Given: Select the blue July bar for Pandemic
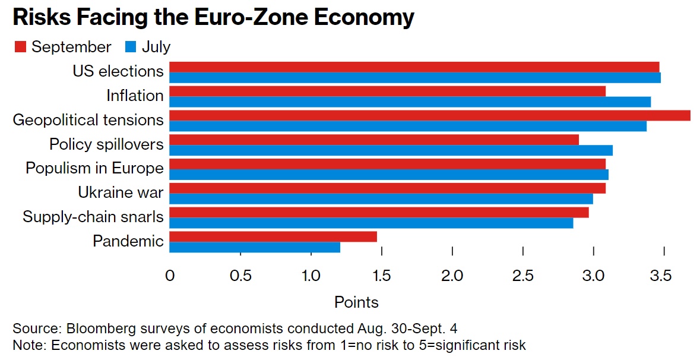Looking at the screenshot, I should (255, 247).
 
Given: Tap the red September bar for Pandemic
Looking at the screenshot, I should (273, 236).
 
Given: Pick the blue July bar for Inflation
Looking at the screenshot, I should (410, 102).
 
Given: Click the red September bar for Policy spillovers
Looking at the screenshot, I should (374, 140).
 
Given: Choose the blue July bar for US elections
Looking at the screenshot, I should (415, 78).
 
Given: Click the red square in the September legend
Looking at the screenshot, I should (21, 47).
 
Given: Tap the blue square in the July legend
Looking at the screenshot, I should (131, 47).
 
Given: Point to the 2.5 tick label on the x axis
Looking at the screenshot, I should (522, 276).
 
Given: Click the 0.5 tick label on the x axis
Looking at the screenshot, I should (240, 276).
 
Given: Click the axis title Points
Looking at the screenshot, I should (356, 302).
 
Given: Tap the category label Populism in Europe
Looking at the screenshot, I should (94, 168).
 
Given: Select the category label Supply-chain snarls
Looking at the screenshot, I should (93, 217).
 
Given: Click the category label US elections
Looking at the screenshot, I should (118, 71).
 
